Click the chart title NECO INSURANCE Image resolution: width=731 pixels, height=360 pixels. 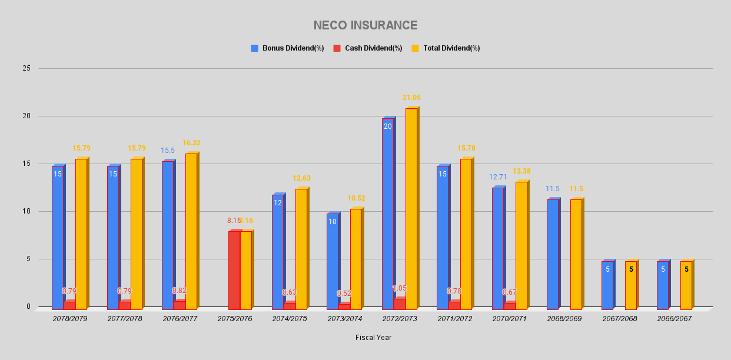365,25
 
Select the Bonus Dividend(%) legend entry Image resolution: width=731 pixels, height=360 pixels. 288,48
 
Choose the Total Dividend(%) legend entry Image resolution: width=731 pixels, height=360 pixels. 446,48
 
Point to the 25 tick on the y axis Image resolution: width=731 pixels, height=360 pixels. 26,68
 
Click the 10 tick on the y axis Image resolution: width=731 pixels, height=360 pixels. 26,211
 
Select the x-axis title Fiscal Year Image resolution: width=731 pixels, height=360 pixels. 373,338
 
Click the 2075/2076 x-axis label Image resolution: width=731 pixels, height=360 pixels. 235,318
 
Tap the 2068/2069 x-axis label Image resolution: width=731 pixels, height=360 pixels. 564,318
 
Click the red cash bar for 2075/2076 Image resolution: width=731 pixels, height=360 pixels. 234,270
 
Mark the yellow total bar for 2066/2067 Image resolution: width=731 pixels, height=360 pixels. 686,285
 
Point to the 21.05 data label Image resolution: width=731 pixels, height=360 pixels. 411,98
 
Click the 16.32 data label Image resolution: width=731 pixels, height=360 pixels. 191,143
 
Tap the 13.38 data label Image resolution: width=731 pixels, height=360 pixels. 521,171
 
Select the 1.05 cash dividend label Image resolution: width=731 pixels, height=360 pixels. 400,288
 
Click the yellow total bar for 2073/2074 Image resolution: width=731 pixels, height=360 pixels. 356,259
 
